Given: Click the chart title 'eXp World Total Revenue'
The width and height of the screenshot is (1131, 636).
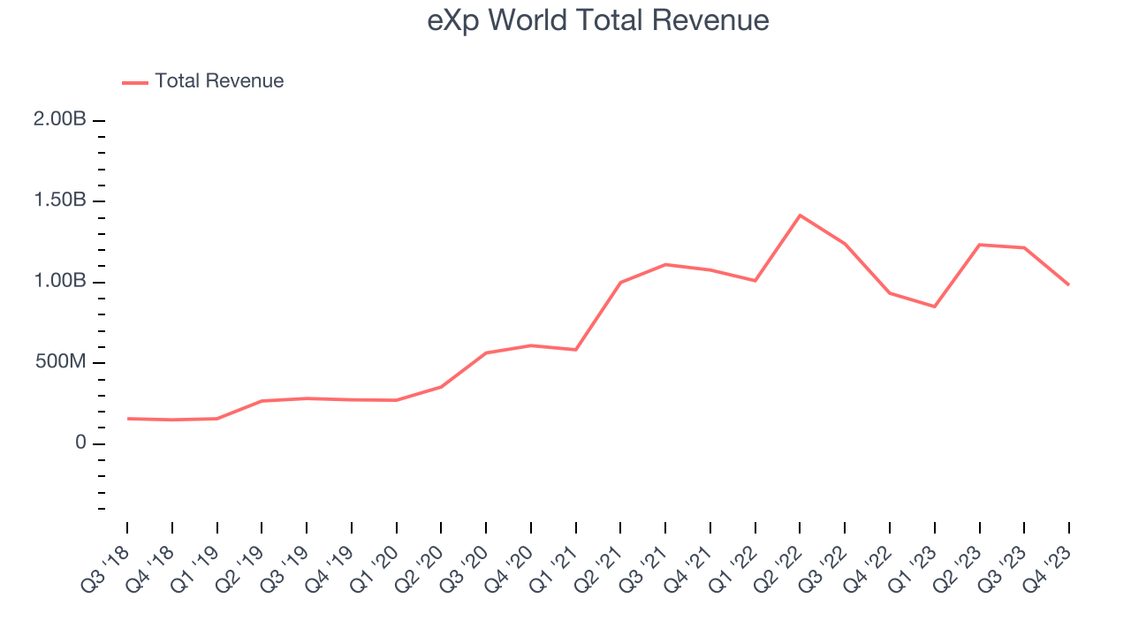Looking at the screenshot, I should (598, 20).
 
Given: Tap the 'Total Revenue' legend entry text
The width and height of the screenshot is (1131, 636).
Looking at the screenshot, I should (219, 81).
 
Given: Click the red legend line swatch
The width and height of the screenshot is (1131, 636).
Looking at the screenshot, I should (135, 82).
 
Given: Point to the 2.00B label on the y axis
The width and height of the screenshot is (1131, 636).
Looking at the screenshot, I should (60, 119).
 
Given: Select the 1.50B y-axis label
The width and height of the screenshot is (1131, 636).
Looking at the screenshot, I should (60, 201).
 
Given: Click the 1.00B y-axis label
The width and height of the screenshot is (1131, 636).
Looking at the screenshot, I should (60, 282).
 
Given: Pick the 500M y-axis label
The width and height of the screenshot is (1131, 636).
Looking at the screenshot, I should (61, 363).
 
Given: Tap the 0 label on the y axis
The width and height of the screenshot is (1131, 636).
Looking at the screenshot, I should (80, 443).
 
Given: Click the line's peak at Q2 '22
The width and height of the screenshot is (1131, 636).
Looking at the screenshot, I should (800, 215).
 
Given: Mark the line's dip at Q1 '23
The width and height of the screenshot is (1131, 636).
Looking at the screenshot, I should (934, 307).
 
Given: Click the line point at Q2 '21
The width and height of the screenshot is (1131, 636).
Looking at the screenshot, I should (620, 283).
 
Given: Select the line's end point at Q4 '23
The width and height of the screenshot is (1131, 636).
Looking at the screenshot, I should (1068, 284).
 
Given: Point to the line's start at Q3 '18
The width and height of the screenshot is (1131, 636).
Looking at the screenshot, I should (127, 419).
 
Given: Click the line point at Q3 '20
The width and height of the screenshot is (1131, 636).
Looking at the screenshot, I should (486, 352).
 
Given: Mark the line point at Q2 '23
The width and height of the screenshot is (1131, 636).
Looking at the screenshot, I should (979, 244).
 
